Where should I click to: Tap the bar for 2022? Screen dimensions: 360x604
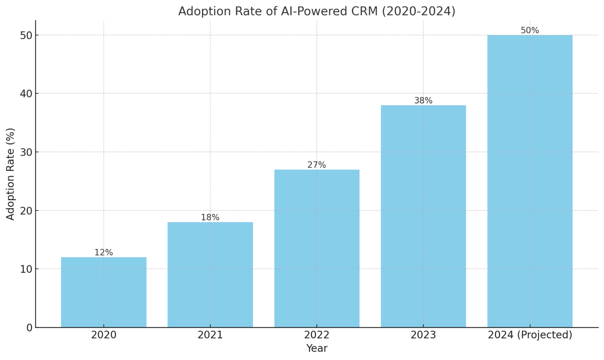coord(317,248)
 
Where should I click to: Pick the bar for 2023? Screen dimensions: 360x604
coord(423,216)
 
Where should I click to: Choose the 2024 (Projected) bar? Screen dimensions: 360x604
coord(530,181)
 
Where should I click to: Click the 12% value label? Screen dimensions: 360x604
coord(104,253)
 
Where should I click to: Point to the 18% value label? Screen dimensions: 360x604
coord(210,218)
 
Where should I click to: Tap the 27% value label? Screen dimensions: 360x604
coord(317,165)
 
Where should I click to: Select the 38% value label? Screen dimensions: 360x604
coord(423,101)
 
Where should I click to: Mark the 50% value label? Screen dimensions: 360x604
coord(530,31)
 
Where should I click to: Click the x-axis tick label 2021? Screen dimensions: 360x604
coord(210,335)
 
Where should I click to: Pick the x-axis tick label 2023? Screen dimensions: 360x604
coord(423,335)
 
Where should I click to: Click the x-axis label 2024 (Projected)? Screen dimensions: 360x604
coord(530,335)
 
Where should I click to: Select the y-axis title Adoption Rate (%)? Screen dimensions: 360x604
coord(11,174)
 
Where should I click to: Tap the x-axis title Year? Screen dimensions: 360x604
coord(317,349)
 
